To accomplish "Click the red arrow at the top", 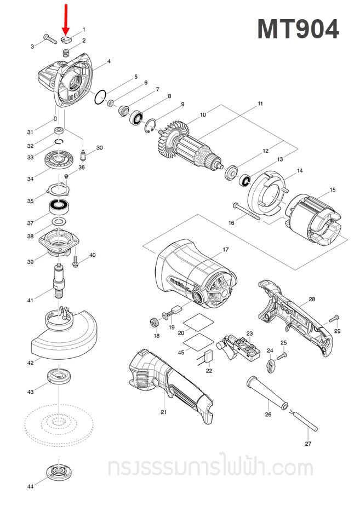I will click(66, 18).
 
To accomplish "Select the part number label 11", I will click(260, 104).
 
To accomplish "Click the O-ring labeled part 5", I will click(99, 98).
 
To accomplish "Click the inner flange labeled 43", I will click(57, 376).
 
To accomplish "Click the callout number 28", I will click(312, 300).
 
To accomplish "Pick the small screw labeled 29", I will click(334, 319).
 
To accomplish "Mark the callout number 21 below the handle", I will click(163, 412).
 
